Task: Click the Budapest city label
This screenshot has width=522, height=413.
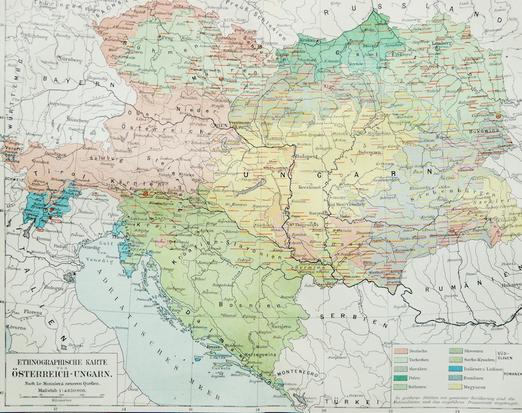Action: pyautogui.click(x=306, y=157)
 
